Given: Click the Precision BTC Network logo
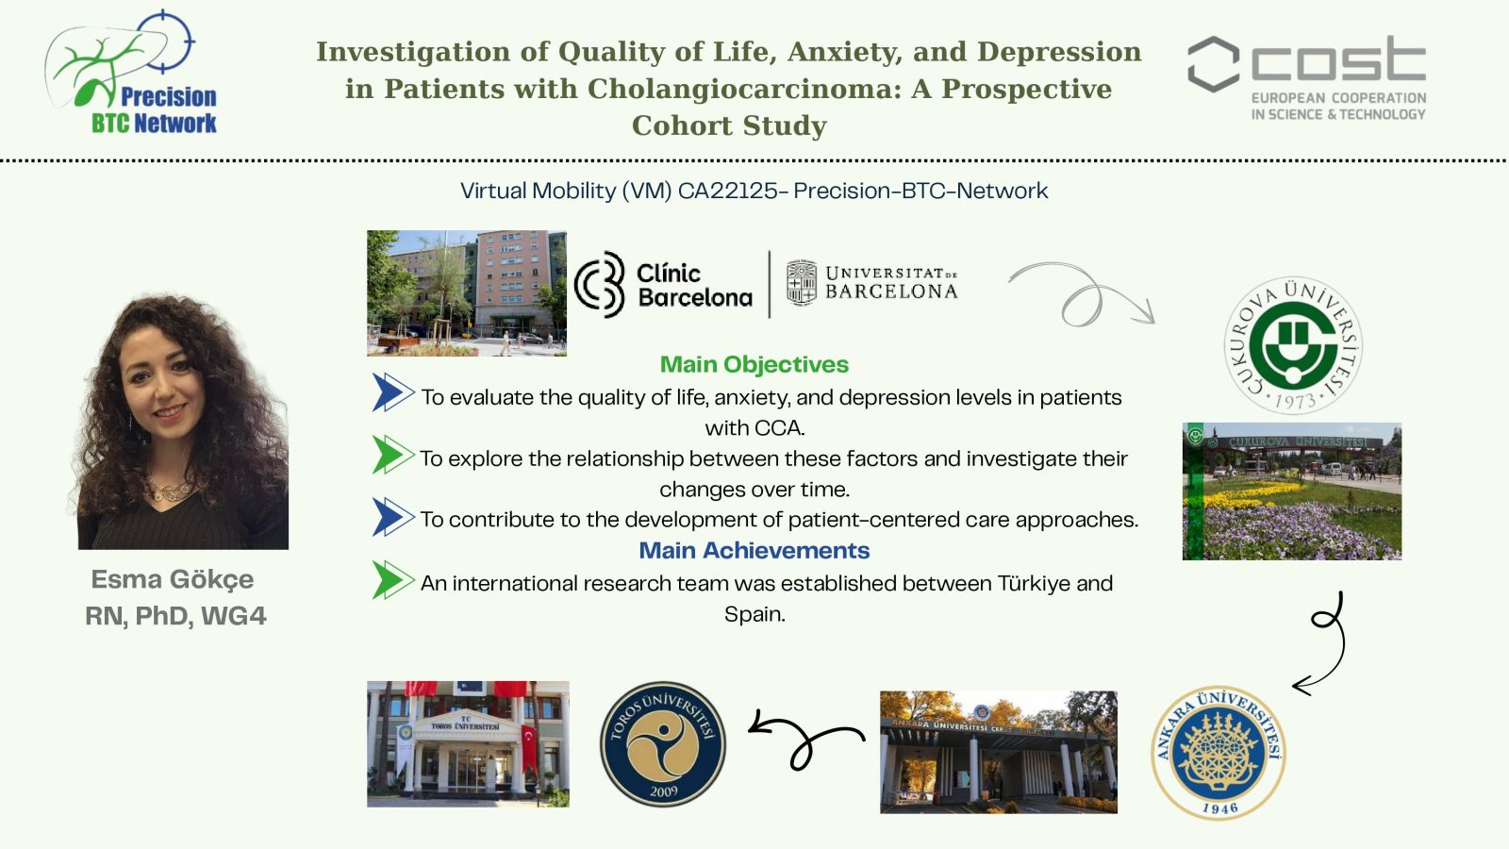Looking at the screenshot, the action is pyautogui.click(x=131, y=72).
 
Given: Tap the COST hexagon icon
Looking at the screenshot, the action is pyautogui.click(x=1213, y=64).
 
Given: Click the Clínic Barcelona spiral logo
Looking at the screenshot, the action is pyautogui.click(x=600, y=284).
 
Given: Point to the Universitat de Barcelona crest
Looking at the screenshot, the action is pyautogui.click(x=802, y=283).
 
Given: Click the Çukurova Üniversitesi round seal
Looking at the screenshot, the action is pyautogui.click(x=1293, y=345).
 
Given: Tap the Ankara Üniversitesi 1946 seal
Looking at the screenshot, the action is pyautogui.click(x=1219, y=752).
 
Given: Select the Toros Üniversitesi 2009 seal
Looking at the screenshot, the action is pyautogui.click(x=663, y=744).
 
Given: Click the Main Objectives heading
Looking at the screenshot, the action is pyautogui.click(x=754, y=364).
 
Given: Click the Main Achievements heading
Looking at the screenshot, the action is pyautogui.click(x=754, y=551).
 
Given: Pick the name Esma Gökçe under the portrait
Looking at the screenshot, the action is pyautogui.click(x=173, y=580).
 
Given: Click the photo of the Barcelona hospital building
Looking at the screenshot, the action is pyautogui.click(x=467, y=293).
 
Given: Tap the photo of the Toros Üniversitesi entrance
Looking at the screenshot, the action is pyautogui.click(x=468, y=744).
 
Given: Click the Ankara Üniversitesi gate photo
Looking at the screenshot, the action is pyautogui.click(x=999, y=752).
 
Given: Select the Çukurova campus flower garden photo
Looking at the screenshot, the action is pyautogui.click(x=1292, y=491).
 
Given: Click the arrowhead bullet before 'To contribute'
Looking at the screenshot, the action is pyautogui.click(x=392, y=518).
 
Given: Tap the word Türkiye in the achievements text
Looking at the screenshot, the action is pyautogui.click(x=1034, y=584).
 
